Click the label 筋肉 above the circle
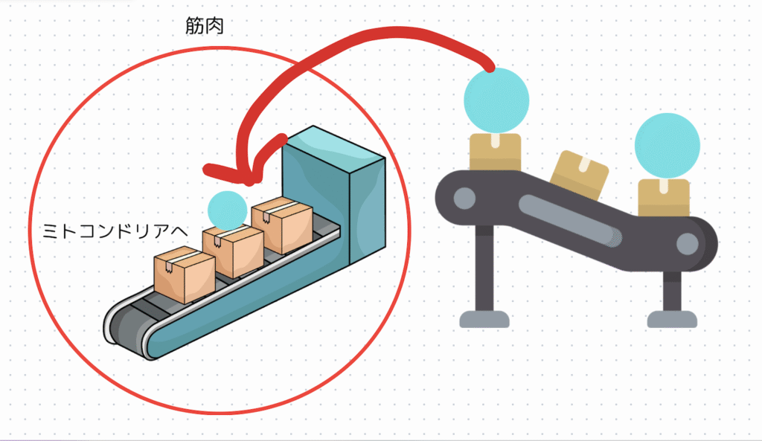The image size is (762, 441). point(205,27)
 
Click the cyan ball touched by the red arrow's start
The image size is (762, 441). point(496,100)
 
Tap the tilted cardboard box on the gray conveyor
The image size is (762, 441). point(579,176)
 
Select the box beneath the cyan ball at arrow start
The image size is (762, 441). point(495,152)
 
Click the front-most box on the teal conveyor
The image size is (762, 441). point(184,275)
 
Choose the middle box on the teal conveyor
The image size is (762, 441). point(234,249)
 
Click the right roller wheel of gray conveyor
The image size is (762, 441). point(688,243)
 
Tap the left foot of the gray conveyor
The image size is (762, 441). point(484,319)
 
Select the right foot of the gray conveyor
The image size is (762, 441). point(672,319)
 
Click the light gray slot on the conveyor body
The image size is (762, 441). point(570,220)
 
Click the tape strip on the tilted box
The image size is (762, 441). point(585,167)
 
